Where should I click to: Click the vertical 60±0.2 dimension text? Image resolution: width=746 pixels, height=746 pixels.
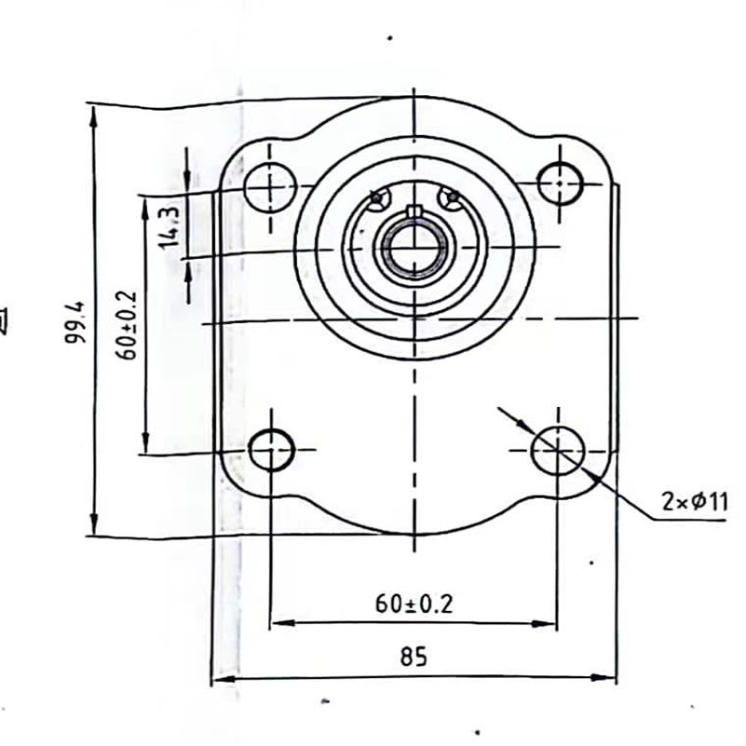point(129,324)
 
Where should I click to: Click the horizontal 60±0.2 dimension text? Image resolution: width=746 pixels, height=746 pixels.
point(414,604)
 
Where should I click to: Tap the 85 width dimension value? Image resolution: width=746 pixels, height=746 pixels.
point(414,658)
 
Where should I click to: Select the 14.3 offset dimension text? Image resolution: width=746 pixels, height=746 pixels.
point(169,225)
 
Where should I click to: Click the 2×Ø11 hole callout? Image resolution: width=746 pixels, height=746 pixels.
point(695,502)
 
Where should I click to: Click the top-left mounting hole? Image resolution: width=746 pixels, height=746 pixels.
point(270,186)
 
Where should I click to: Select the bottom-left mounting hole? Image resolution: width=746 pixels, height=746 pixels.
point(272,450)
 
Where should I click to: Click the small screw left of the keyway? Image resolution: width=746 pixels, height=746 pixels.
point(376,197)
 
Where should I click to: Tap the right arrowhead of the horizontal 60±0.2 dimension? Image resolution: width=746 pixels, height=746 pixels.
point(549,623)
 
